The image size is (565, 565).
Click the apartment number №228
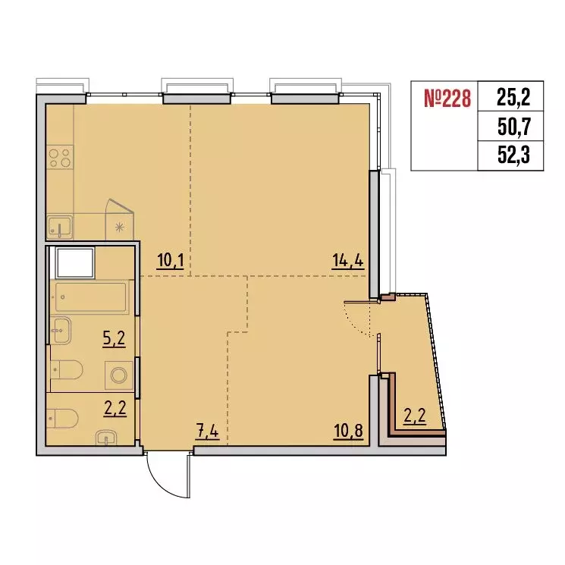click(x=445, y=98)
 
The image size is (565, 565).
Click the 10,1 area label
click(x=171, y=262)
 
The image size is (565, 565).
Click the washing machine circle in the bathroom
click(x=118, y=375)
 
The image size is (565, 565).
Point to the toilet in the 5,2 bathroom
click(x=66, y=369)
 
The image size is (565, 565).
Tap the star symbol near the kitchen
click(x=118, y=225)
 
